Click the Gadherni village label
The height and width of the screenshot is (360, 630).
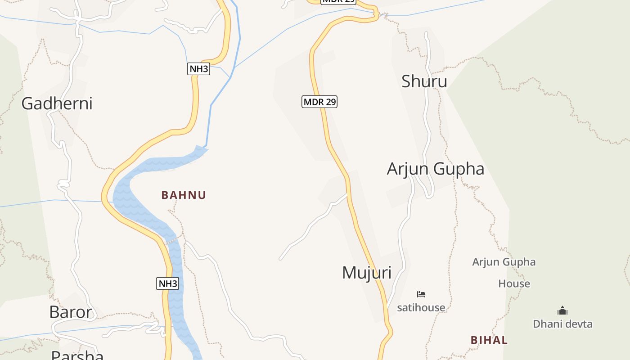[x=57, y=103]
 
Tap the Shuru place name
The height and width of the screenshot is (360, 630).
[x=424, y=81]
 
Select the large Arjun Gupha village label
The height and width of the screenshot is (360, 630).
[x=435, y=169]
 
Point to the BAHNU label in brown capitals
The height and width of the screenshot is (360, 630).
[x=184, y=195]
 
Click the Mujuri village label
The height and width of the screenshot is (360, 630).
[x=367, y=273]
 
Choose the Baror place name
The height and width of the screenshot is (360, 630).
[x=71, y=312]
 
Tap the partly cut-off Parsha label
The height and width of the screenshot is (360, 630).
[x=77, y=355]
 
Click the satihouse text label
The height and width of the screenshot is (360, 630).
[x=421, y=308]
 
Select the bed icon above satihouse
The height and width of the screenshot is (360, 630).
[x=421, y=294]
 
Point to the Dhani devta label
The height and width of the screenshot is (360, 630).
[x=562, y=324]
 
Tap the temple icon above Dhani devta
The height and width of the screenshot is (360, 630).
[x=562, y=310]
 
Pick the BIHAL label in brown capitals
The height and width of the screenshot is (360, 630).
[x=489, y=340]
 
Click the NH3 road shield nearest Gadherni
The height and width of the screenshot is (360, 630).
[x=198, y=69]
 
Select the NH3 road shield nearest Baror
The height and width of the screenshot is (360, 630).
[x=168, y=283]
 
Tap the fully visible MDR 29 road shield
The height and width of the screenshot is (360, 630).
[x=319, y=102]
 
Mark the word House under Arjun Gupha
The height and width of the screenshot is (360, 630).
[x=514, y=284]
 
